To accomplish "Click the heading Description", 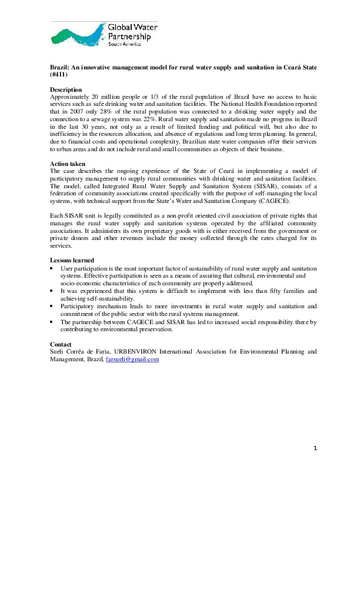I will (x=66, y=89).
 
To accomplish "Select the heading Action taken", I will (x=68, y=164).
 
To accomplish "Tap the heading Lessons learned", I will (x=72, y=260).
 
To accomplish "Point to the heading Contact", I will (x=61, y=344).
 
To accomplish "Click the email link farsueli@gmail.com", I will (x=132, y=359).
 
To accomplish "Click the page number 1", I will (x=315, y=448).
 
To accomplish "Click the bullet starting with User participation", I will (x=52, y=268).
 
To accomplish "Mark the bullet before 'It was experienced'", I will (x=52, y=291).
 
